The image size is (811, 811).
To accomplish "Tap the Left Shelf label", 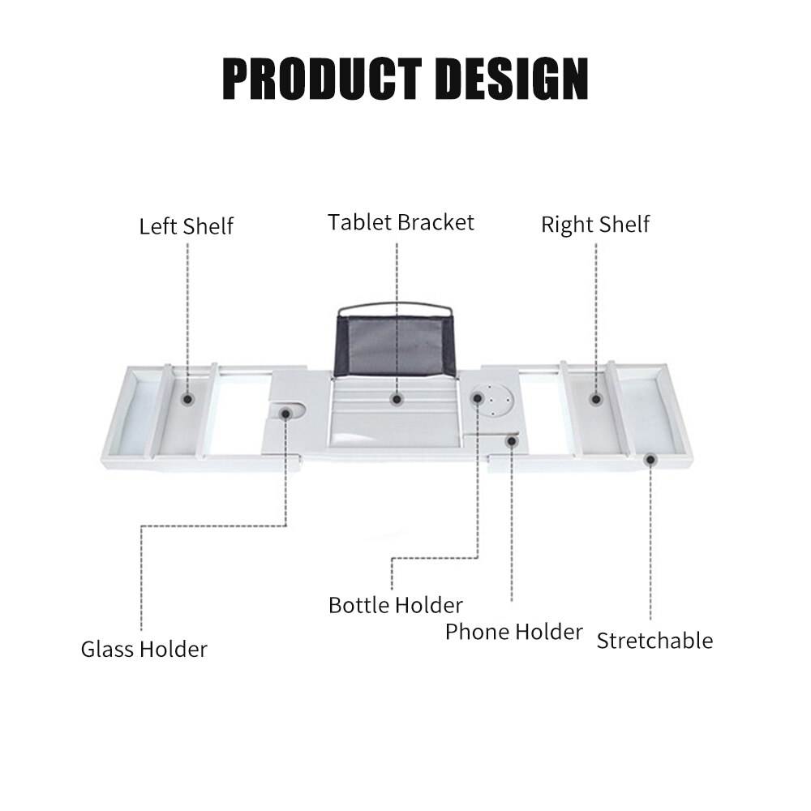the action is click(x=187, y=226).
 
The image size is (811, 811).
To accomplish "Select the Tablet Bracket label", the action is click(x=401, y=222).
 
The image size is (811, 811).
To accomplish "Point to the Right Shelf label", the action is click(x=595, y=225).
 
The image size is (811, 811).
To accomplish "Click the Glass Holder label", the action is click(x=144, y=649).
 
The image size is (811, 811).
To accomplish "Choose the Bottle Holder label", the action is click(x=396, y=605).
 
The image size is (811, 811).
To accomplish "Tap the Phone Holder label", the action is click(x=514, y=632).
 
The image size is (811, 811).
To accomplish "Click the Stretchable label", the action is click(x=654, y=641).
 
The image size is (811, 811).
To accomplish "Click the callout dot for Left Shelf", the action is click(x=188, y=399).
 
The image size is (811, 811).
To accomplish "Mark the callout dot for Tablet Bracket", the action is click(x=397, y=399).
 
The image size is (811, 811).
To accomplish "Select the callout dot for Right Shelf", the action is click(x=596, y=399).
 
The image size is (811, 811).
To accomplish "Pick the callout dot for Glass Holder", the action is click(x=285, y=414).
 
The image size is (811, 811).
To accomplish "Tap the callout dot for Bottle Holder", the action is click(x=478, y=397).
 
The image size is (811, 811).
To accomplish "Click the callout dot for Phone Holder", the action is click(x=512, y=441).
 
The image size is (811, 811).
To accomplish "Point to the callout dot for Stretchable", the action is click(x=650, y=459).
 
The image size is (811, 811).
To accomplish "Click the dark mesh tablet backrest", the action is click(x=396, y=345).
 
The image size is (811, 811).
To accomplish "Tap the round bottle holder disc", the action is click(x=493, y=400).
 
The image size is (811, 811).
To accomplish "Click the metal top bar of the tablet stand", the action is click(x=395, y=305).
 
